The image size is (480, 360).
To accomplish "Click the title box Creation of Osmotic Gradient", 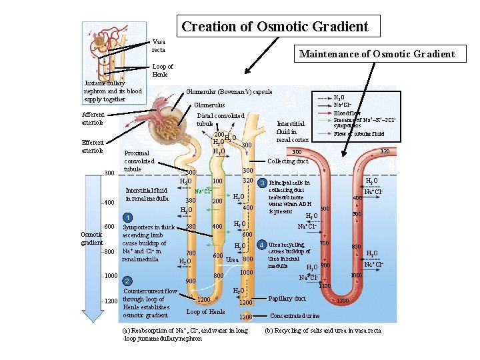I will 275,27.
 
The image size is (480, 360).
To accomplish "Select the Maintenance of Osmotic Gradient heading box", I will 377,54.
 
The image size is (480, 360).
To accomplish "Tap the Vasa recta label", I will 159,45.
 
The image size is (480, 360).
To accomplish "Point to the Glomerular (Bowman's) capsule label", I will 229,91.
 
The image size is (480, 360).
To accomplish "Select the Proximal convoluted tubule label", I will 139,161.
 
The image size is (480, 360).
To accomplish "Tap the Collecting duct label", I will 287,161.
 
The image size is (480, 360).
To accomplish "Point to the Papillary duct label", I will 287,298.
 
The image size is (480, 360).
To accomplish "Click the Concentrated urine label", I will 295,315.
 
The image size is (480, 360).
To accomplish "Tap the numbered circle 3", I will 263,183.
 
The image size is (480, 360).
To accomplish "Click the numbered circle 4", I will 263,243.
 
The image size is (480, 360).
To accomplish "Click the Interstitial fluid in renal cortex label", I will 292,131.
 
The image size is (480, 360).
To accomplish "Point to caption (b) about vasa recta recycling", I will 323,330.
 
